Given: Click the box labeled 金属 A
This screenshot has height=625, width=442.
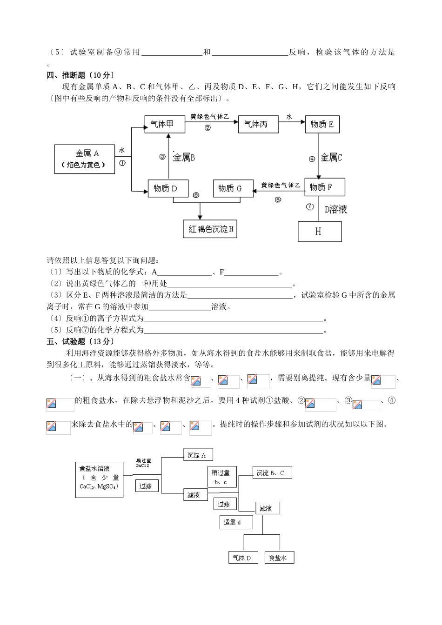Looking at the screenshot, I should (85, 159).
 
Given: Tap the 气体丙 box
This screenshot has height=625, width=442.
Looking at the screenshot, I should (258, 124).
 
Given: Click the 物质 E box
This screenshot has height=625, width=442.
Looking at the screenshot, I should (322, 124).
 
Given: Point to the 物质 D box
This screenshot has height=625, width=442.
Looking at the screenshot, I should (168, 188).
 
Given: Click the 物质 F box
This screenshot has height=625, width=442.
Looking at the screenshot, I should (324, 187).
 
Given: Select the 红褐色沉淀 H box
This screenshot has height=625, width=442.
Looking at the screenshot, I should (210, 229).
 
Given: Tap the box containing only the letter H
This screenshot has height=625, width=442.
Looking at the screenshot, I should (319, 231).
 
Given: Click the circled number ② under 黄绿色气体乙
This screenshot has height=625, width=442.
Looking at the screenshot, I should (208, 128).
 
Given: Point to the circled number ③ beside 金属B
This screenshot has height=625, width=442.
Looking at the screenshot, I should (162, 157).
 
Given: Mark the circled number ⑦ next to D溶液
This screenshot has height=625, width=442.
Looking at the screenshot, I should (310, 207).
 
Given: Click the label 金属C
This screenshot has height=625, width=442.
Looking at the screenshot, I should (331, 158).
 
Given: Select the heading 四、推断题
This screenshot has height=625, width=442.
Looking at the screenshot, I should (69, 74).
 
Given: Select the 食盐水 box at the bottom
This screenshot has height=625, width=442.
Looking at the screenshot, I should (279, 557).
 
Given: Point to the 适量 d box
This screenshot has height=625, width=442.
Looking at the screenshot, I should (236, 522).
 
